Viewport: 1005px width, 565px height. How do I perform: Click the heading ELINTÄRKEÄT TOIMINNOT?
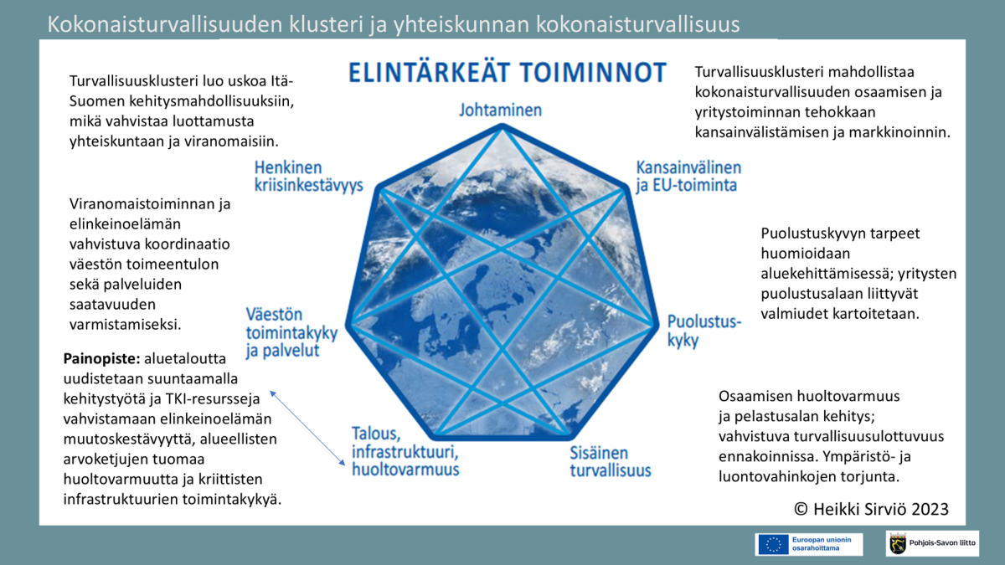coord(508,72)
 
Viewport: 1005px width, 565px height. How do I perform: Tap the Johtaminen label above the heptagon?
coord(500,110)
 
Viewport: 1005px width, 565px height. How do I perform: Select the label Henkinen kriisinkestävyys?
coord(309,177)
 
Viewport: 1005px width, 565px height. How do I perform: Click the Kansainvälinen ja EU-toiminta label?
coord(688,177)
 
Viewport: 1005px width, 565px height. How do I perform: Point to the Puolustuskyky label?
coord(704,331)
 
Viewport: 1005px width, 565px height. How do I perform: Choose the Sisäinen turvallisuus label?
coord(611,461)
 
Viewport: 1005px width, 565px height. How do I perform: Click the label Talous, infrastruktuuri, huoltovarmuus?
coord(405,451)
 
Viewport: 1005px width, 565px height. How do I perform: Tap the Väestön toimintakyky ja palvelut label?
coord(291,333)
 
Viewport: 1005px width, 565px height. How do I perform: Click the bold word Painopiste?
coord(102,359)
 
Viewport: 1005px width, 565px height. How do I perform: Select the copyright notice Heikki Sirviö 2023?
coord(871,509)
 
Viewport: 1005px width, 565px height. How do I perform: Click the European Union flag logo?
coord(773,544)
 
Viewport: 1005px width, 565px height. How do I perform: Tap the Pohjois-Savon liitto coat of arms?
coord(897,543)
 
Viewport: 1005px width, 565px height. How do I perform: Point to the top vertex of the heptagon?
coord(502,127)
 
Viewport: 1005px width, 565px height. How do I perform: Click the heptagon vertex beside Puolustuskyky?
coord(655,324)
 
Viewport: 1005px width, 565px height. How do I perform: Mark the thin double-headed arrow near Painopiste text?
coord(307,429)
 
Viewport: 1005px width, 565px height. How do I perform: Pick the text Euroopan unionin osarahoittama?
coord(822,544)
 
